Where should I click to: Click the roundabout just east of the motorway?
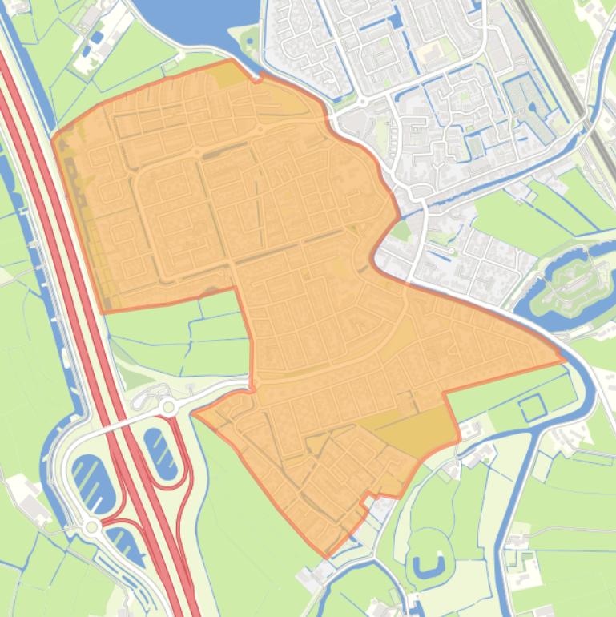(168, 407)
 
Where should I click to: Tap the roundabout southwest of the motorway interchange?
(92, 526)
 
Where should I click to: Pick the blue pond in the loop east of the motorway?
(161, 454)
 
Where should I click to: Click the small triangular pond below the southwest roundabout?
(123, 545)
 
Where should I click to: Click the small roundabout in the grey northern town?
(362, 103)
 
